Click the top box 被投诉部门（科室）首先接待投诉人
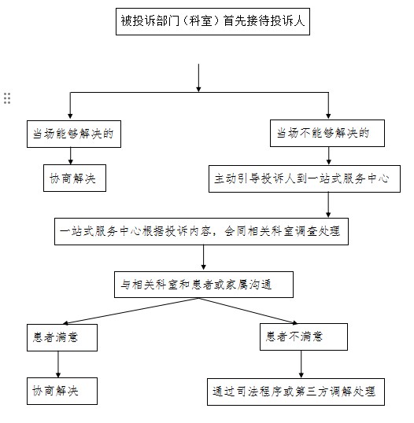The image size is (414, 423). pyautogui.click(x=212, y=23)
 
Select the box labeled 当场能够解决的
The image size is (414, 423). pyautogui.click(x=72, y=134)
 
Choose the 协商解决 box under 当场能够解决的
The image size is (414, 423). pyautogui.click(x=72, y=179)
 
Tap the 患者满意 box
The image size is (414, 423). pyautogui.click(x=61, y=337)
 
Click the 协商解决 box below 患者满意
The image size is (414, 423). pyautogui.click(x=61, y=391)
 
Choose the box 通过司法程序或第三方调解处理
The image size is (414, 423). pyautogui.click(x=293, y=391)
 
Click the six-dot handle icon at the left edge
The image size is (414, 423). pyautogui.click(x=7, y=97)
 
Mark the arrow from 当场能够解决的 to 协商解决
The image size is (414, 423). pyautogui.click(x=71, y=156)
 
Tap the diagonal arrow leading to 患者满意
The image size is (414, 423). pyautogui.click(x=126, y=312)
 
